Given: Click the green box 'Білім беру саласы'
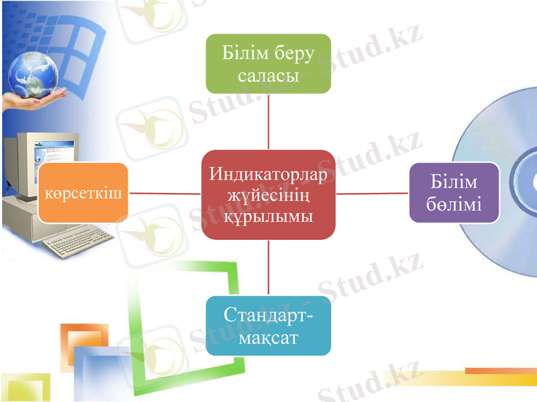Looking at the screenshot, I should click(268, 63).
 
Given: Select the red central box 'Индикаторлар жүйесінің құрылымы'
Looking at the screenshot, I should click(268, 194).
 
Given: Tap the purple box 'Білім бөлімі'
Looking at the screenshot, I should click(454, 193).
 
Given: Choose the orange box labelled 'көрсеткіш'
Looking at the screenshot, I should click(83, 193).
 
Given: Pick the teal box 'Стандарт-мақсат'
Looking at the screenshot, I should click(268, 325).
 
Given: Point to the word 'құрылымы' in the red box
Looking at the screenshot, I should click(268, 216).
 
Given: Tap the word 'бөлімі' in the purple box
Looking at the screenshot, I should click(454, 204).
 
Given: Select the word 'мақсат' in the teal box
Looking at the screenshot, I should click(268, 337).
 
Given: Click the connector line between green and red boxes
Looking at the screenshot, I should click(268, 121).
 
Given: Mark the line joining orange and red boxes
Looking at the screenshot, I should click(164, 193).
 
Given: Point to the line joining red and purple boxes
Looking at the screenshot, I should click(372, 193).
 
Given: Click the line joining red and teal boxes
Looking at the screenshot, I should click(268, 268).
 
